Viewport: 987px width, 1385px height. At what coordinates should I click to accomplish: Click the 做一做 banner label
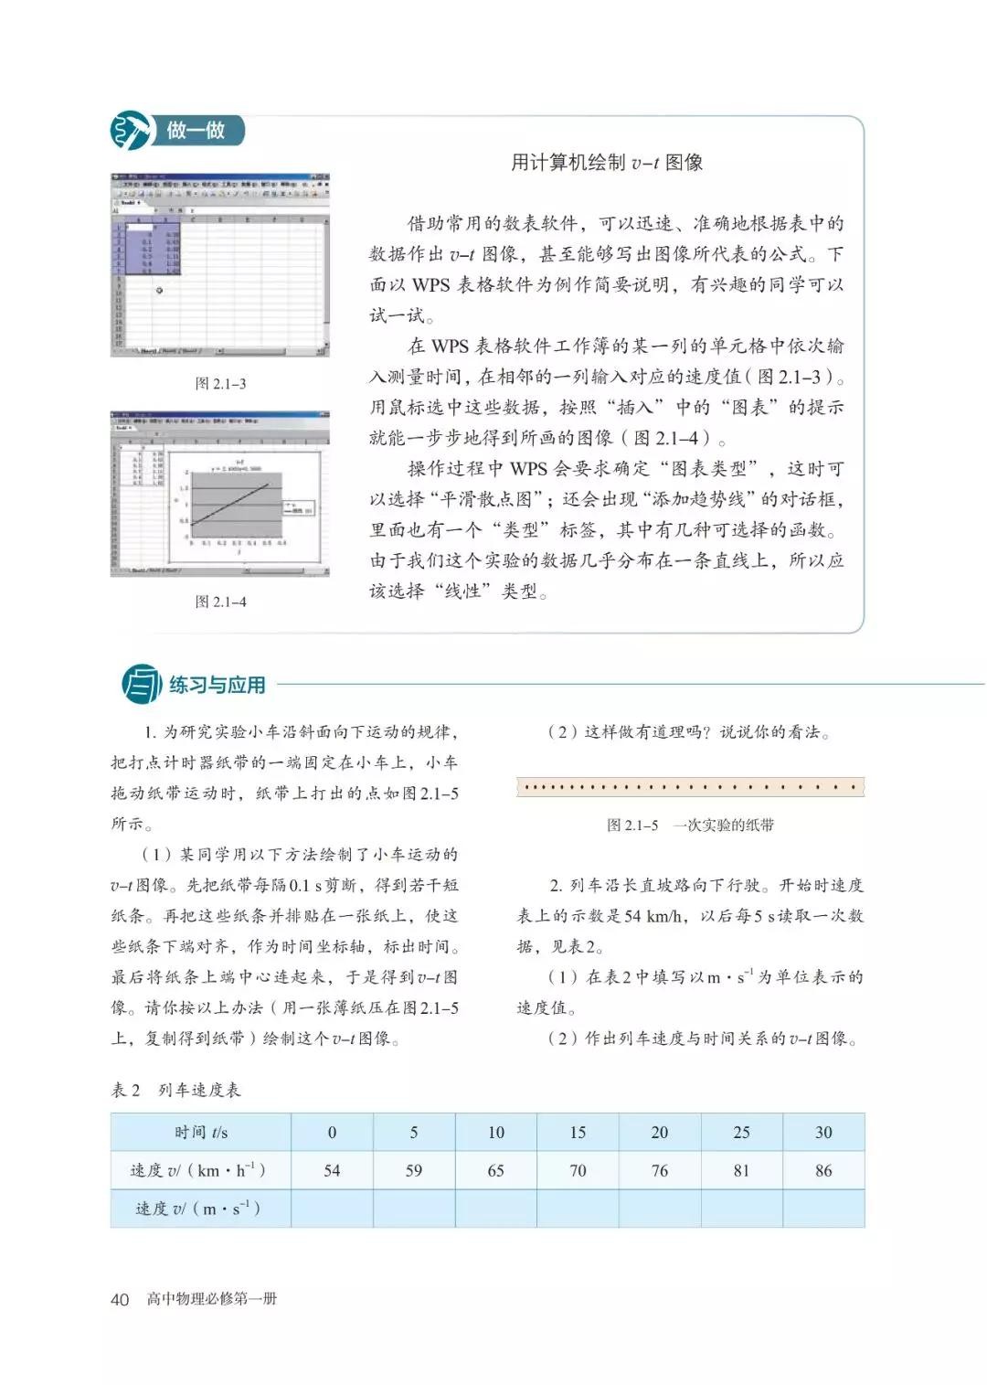[196, 131]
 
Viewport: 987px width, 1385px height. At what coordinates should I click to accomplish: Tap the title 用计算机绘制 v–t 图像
[606, 163]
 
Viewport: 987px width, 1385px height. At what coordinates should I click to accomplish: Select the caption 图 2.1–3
[220, 383]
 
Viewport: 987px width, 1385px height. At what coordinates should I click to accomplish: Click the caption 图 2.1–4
[220, 602]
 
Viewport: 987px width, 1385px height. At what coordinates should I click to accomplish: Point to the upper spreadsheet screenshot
[219, 265]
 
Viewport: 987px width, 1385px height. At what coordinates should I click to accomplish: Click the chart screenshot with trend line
[219, 494]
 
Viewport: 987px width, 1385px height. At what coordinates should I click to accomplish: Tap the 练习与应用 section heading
[218, 685]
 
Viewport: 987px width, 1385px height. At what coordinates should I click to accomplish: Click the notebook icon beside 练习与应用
[142, 685]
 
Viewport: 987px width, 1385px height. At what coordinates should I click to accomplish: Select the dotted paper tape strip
[690, 787]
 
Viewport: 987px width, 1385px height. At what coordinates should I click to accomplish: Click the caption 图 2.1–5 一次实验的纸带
[690, 825]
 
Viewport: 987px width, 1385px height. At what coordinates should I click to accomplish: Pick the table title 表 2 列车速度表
[175, 1090]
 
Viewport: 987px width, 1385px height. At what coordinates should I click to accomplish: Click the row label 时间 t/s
[201, 1132]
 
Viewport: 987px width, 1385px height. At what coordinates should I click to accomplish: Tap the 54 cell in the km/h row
[332, 1170]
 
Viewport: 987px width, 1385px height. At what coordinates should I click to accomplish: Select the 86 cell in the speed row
[823, 1170]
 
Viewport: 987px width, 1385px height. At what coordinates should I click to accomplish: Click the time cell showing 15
[578, 1132]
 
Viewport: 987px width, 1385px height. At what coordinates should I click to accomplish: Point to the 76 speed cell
[659, 1170]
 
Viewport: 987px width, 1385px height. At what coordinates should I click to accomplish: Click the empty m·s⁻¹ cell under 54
[332, 1209]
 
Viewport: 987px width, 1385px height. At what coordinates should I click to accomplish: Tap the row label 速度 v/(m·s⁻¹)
[199, 1209]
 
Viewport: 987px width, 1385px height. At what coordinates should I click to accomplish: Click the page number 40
[120, 1299]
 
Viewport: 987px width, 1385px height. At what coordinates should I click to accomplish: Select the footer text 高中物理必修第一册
[211, 1299]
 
